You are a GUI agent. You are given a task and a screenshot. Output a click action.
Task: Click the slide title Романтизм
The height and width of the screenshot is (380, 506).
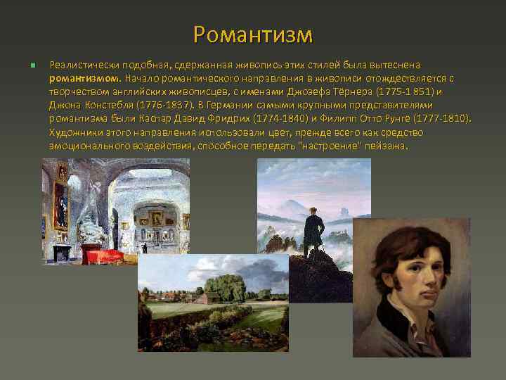click(253, 33)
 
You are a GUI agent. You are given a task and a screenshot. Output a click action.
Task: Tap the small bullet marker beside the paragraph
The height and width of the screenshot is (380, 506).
click(32, 65)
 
